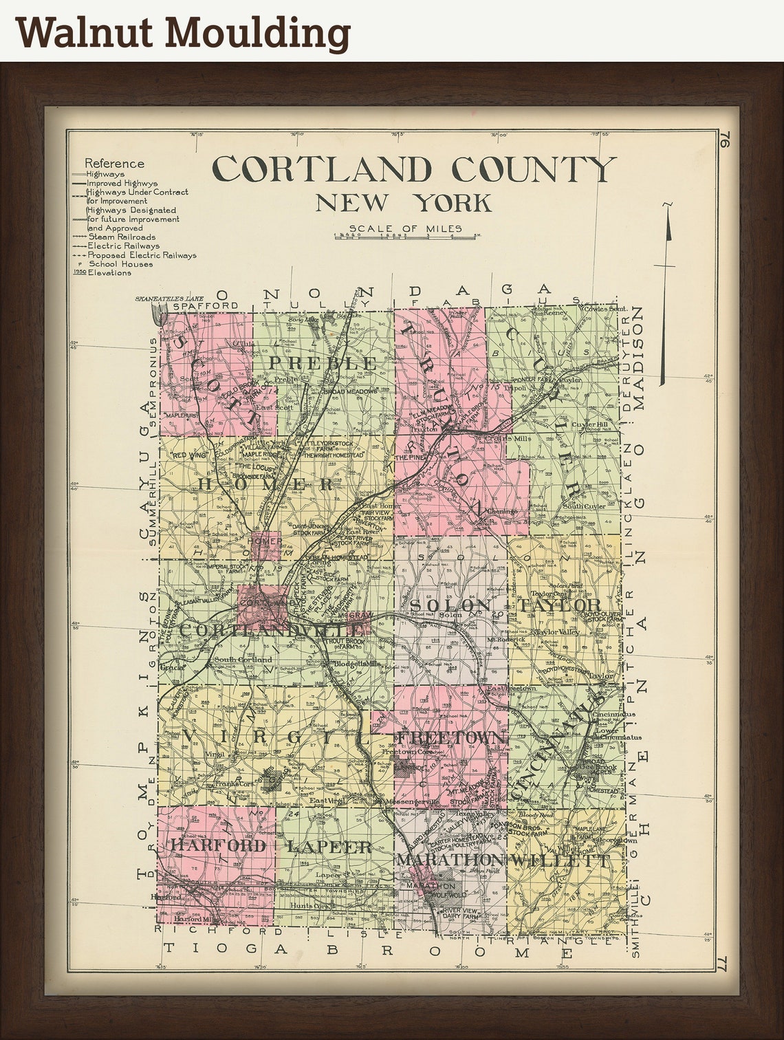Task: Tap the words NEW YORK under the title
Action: (404, 204)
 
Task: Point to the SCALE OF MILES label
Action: (405, 229)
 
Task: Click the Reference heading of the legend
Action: (115, 164)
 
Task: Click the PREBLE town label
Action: (323, 362)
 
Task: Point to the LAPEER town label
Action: (329, 846)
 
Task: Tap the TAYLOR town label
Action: (560, 605)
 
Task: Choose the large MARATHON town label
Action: (450, 860)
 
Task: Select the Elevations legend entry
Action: (109, 272)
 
